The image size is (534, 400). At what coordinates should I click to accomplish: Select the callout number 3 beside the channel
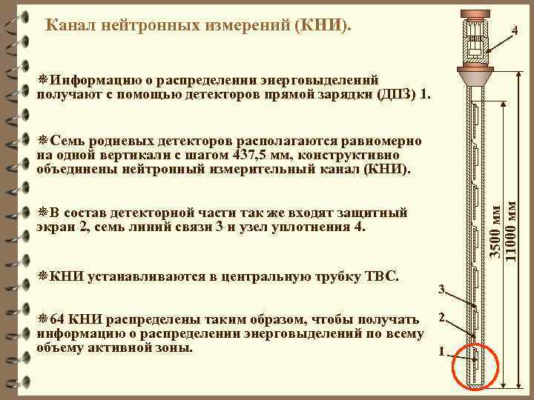[441, 288]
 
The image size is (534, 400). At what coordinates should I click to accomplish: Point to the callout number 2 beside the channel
[441, 318]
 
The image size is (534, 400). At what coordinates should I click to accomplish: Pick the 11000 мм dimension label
[510, 230]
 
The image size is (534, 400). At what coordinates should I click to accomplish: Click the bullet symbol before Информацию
[42, 80]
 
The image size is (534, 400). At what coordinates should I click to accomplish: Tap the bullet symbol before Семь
[42, 141]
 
